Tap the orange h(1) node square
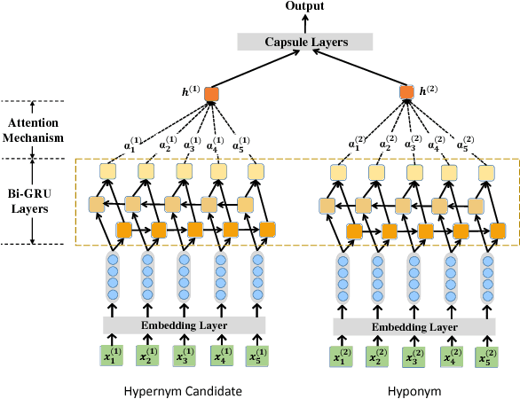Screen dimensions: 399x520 [211, 93]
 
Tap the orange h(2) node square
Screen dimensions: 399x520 [407, 93]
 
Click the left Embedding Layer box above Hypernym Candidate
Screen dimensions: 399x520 [185, 325]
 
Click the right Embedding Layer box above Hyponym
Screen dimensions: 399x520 [414, 326]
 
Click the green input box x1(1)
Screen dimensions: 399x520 [109, 356]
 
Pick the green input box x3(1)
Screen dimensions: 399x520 [184, 356]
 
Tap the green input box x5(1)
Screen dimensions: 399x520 [257, 356]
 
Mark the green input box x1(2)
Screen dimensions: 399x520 [340, 357]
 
